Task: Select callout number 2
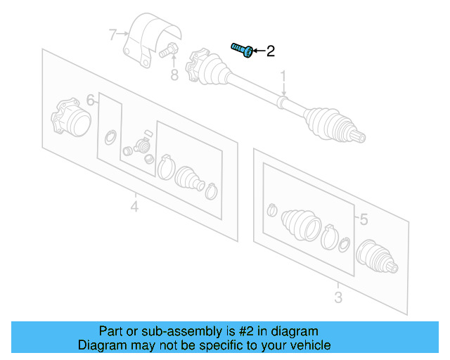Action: coord(271,51)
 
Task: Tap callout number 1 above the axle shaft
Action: coord(283,75)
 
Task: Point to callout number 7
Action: coord(112,33)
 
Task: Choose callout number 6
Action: coord(91,99)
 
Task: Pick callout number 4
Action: coord(134,206)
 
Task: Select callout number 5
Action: coord(363,220)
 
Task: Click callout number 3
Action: coord(338,297)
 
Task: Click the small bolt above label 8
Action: coord(169,50)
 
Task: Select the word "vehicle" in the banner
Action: coord(309,345)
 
